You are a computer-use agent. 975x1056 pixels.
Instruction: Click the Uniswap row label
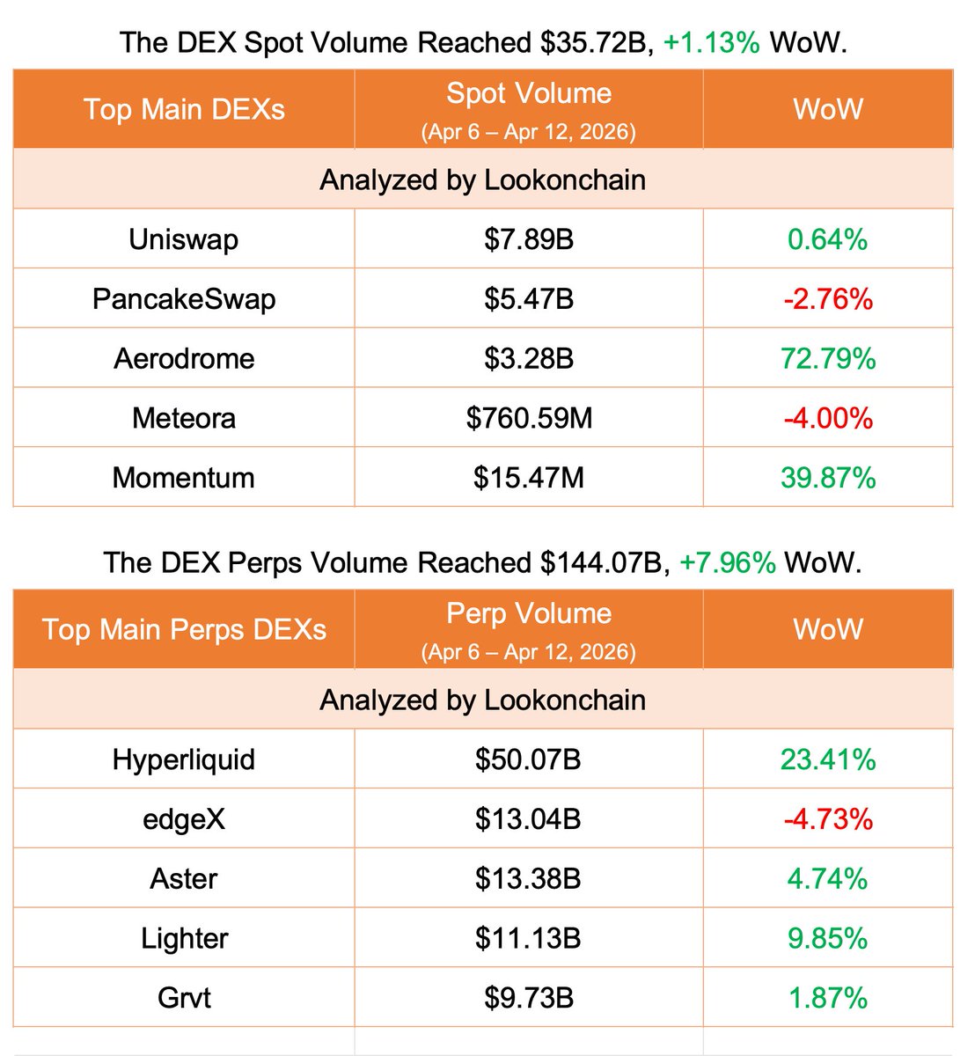[183, 239]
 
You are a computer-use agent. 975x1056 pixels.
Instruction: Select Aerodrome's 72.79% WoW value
[827, 359]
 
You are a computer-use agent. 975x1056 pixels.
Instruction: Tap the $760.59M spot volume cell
[529, 418]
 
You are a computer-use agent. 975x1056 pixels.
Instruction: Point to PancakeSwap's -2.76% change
[827, 299]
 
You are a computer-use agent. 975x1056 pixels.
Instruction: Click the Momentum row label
[183, 478]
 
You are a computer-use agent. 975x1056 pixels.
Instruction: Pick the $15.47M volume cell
[529, 478]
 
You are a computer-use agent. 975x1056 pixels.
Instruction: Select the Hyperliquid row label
[183, 759]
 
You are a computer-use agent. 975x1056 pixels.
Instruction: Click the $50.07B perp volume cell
[528, 759]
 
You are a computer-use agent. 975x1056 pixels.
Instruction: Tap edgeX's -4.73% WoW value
[827, 819]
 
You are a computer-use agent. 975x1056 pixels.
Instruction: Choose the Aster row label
[183, 878]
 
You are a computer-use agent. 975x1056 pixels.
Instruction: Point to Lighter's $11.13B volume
[528, 938]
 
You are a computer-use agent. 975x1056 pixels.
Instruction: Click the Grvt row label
[183, 998]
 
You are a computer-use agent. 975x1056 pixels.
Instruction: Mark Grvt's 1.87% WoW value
[827, 998]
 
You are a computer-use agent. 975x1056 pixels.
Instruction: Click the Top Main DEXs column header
[183, 109]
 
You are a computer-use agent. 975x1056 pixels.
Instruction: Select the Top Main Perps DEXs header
[183, 629]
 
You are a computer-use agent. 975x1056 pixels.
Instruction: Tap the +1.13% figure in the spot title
[711, 42]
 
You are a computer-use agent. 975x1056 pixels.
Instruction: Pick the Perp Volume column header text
[529, 613]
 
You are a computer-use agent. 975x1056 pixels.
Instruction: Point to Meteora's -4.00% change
[827, 418]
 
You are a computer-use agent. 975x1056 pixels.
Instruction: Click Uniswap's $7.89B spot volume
[529, 239]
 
